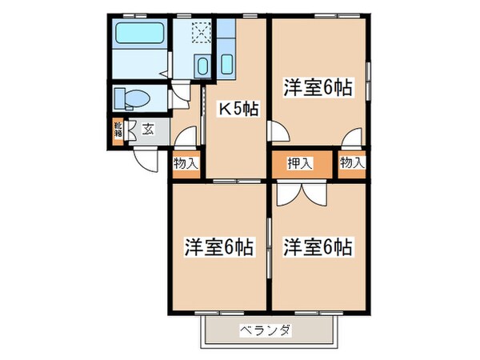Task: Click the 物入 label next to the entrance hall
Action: click(186, 163)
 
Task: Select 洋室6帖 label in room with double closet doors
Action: click(318, 246)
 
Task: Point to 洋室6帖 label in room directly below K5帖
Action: click(217, 246)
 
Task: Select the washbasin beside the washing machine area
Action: click(202, 66)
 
